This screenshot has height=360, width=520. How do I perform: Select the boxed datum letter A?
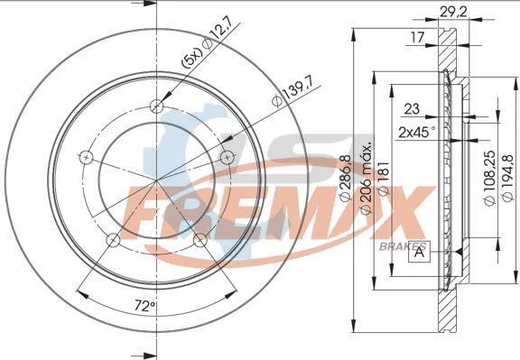coord(420,251)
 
